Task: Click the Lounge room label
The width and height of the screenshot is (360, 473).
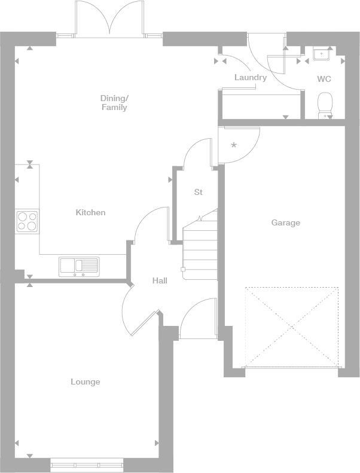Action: click(86, 382)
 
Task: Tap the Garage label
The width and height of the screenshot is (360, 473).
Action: click(286, 222)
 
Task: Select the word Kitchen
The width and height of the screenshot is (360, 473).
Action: click(90, 212)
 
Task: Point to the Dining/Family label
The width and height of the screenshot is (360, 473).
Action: click(114, 102)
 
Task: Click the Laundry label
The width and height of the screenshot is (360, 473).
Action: click(250, 77)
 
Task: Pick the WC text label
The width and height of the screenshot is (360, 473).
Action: click(324, 79)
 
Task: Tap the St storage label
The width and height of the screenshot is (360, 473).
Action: click(198, 192)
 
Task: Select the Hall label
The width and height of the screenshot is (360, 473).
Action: click(160, 280)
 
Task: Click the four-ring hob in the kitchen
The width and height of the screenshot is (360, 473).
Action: click(27, 221)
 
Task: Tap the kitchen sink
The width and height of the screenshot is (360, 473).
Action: click(79, 266)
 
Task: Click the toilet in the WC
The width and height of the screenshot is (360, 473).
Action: click(325, 105)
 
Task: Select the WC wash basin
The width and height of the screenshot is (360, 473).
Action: click(322, 54)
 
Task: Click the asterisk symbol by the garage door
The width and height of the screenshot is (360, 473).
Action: click(234, 145)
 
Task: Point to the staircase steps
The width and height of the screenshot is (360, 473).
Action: click(199, 251)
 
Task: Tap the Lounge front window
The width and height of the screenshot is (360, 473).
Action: click(87, 463)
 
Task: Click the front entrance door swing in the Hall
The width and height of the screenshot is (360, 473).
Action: click(197, 320)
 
